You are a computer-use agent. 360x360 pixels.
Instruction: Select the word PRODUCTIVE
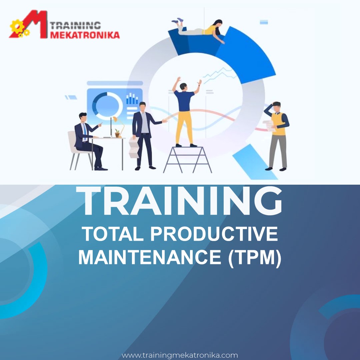[x=214, y=234]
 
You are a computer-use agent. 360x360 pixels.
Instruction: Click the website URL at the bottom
[x=180, y=355]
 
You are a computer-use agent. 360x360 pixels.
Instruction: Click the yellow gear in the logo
[x=17, y=27]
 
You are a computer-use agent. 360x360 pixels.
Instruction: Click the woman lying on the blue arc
[x=200, y=28]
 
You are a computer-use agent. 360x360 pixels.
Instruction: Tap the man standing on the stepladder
[x=184, y=110]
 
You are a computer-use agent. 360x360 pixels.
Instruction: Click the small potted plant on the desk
[x=117, y=133]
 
